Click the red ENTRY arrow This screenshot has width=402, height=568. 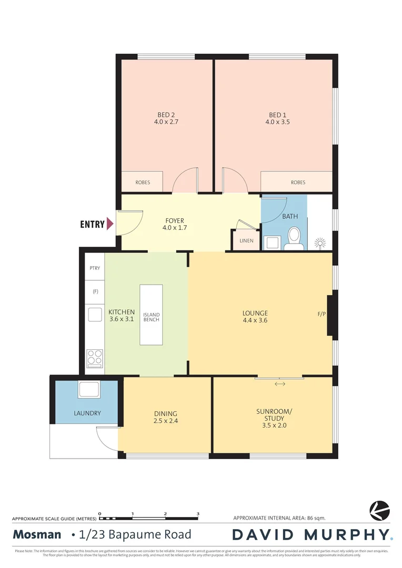(110, 224)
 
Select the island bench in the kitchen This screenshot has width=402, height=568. (151, 315)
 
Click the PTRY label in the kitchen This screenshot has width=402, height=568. (95, 268)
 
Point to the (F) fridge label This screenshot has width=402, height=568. (95, 291)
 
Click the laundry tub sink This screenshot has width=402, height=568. (87, 390)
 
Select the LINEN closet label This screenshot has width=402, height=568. (246, 241)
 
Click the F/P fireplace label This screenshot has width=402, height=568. (322, 315)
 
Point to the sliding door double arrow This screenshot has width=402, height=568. (280, 384)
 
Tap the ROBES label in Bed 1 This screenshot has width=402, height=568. (298, 182)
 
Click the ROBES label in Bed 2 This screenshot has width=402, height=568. (143, 182)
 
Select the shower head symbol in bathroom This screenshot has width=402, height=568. (319, 242)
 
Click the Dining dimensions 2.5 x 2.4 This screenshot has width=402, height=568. (166, 421)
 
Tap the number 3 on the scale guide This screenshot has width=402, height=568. (198, 514)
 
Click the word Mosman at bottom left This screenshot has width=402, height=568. (37, 535)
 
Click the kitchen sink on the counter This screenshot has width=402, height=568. (95, 315)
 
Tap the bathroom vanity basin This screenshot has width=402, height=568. (273, 242)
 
